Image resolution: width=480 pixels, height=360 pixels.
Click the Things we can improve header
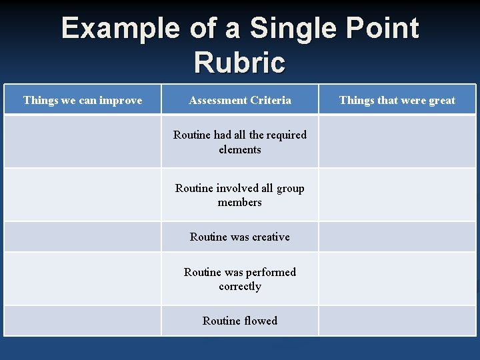tap(83, 100)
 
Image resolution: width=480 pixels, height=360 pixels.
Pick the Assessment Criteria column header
tap(240, 100)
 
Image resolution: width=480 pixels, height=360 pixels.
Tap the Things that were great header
tap(397, 100)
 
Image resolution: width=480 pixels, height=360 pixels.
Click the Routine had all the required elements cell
tap(240, 142)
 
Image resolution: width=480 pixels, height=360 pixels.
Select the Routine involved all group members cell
tap(240, 195)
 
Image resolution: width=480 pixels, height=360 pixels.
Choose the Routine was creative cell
tap(240, 237)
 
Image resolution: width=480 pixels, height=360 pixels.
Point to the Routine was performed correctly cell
tap(240, 279)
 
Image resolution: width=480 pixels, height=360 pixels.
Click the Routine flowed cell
tap(240, 321)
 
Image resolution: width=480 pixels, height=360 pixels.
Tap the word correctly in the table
tap(240, 287)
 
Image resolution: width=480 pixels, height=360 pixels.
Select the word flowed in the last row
tap(261, 321)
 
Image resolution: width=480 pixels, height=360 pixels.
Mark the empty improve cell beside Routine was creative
tap(83, 237)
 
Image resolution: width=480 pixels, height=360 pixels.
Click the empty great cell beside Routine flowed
tap(397, 321)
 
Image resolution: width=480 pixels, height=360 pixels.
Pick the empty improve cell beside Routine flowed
tap(83, 321)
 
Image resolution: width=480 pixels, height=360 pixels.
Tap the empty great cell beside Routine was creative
tap(397, 237)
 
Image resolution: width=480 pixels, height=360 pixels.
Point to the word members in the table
tap(240, 202)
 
